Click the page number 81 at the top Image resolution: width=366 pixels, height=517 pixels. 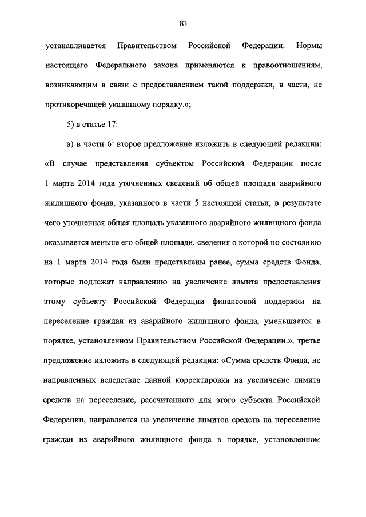click(183, 23)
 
